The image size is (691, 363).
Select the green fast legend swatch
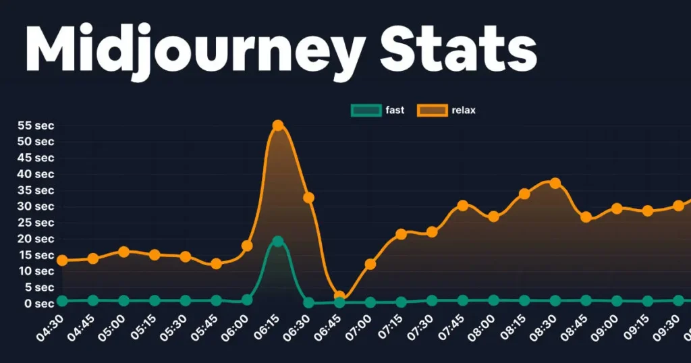(366, 110)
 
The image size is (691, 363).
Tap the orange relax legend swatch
(432, 110)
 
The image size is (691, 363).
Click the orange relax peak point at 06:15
(277, 125)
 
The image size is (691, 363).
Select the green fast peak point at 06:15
(277, 241)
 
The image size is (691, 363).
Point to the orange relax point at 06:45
(339, 296)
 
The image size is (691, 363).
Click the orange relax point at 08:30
(555, 183)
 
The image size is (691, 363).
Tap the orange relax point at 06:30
(308, 198)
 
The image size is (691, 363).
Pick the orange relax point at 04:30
(62, 260)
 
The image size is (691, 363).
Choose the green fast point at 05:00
(123, 300)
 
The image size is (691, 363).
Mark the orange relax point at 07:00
(370, 264)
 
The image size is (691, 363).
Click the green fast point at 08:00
(493, 300)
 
